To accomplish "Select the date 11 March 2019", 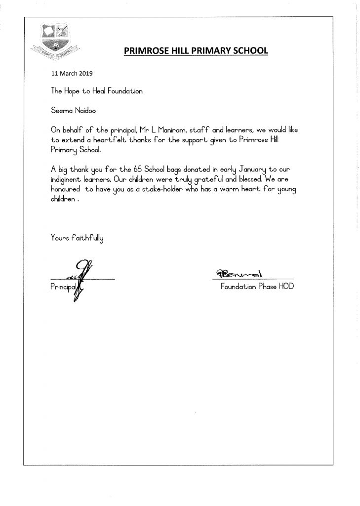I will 72,73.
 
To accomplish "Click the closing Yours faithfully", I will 77,237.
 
